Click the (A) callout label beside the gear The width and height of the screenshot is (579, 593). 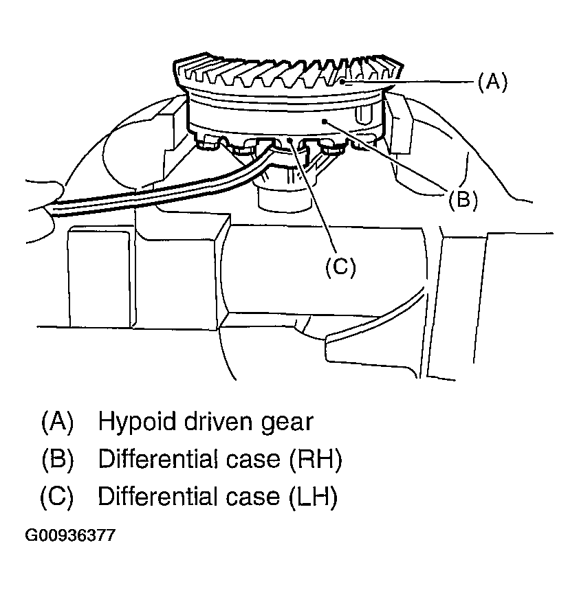click(x=492, y=82)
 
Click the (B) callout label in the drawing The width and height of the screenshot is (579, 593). click(x=463, y=200)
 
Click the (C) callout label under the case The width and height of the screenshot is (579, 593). click(x=340, y=267)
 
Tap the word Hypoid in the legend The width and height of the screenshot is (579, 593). click(x=137, y=421)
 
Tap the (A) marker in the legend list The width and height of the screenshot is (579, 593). click(x=57, y=421)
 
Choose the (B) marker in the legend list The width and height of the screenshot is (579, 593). click(x=57, y=459)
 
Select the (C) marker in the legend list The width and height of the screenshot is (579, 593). click(x=57, y=497)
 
